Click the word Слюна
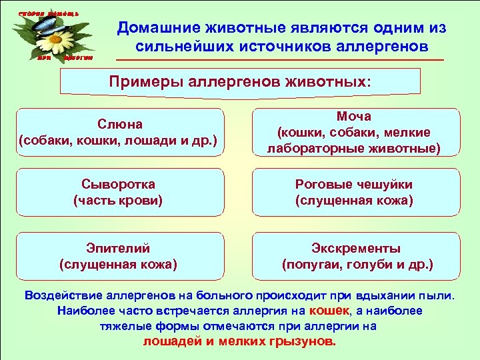tap(120, 125)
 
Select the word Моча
tap(354, 117)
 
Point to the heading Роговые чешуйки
tap(354, 184)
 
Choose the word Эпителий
tap(119, 248)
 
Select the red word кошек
tap(329, 311)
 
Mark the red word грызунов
tap(301, 341)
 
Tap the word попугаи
tap(313, 265)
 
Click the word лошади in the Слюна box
tap(153, 141)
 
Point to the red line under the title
tap(280, 61)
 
